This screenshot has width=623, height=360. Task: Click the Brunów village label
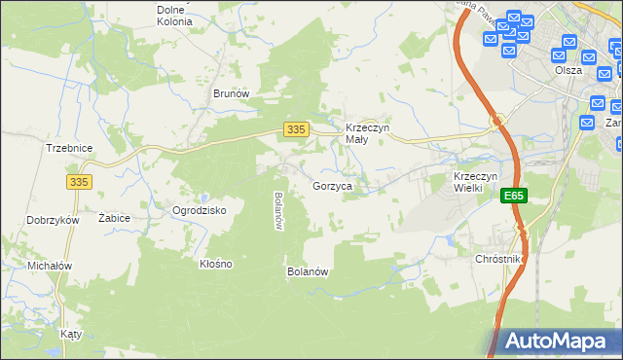pos(232,93)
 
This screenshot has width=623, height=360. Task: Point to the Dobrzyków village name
pos(53,220)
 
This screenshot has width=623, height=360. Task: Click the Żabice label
pos(115,219)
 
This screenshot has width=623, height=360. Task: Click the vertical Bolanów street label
pos(278,210)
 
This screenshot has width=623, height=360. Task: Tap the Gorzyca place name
pos(332,185)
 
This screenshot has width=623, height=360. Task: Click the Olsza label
pos(568,70)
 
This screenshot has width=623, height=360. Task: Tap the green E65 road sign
pos(514,197)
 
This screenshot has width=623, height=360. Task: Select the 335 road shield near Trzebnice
pos(81,181)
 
